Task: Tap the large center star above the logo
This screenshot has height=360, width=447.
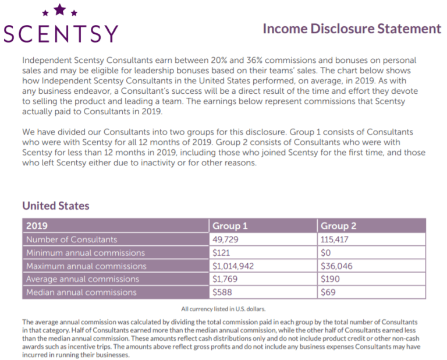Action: pos(59,9)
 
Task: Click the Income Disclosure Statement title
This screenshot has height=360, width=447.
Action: pos(352,29)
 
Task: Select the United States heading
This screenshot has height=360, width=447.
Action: pos(55,206)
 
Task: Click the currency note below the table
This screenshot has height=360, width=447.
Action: pos(223,309)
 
